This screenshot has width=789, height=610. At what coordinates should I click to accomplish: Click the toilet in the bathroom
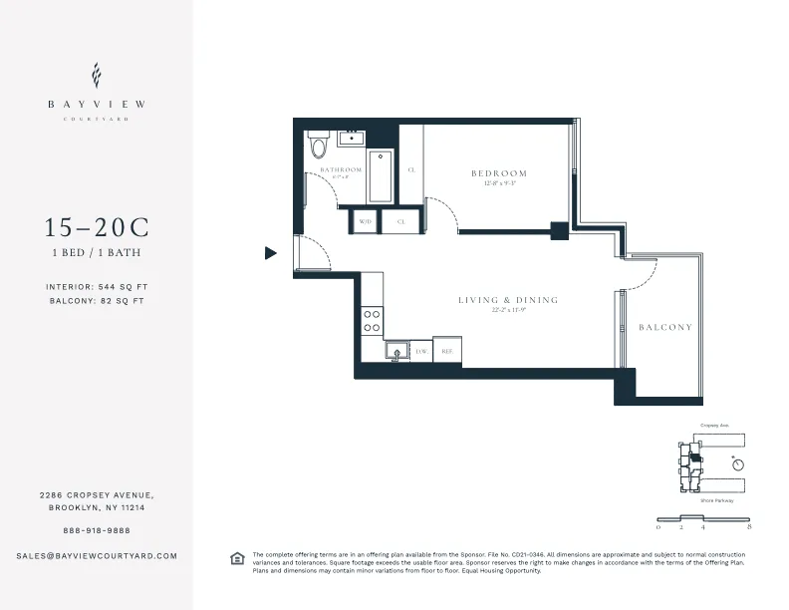[x=319, y=146]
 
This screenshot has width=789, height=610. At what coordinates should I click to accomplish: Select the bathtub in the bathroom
[x=381, y=175]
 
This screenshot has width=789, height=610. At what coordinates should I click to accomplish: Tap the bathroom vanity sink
[x=351, y=139]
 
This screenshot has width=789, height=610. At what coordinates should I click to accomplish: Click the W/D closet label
[x=365, y=221]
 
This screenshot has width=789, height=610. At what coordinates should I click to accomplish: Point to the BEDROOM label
[x=498, y=173]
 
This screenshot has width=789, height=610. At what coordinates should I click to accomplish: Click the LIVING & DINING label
[x=508, y=300]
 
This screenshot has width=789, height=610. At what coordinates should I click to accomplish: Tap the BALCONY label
[x=664, y=327]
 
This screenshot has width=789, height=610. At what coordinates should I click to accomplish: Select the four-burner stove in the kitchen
[x=371, y=320]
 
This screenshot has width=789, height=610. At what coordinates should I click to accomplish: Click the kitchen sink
[x=395, y=351]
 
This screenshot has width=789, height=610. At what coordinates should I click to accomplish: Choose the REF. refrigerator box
[x=447, y=351]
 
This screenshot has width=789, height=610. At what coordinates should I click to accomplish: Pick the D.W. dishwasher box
[x=421, y=351]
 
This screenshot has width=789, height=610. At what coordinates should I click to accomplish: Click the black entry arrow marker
[x=270, y=253]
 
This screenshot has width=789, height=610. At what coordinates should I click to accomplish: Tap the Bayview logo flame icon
[x=96, y=76]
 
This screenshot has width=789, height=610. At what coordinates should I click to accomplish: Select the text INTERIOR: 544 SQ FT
[x=96, y=287]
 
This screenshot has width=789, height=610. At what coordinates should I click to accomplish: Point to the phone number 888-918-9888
[x=96, y=530]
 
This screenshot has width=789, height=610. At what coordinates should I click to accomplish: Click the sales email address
[x=96, y=555]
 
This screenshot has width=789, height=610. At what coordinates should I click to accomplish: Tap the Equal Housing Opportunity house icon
[x=236, y=557]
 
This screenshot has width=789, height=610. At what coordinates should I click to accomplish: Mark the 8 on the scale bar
[x=747, y=524]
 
